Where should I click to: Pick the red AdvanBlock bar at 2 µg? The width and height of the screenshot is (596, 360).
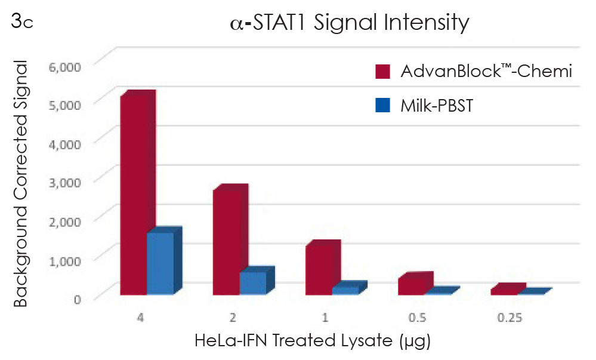pyautogui.click(x=226, y=242)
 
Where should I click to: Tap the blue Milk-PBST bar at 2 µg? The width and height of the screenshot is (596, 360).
pyautogui.click(x=252, y=282)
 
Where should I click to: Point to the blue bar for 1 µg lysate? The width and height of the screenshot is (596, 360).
pyautogui.click(x=345, y=290)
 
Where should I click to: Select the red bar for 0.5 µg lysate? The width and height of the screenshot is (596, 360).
pyautogui.click(x=411, y=285)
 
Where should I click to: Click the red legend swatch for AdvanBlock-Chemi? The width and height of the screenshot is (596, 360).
pyautogui.click(x=382, y=72)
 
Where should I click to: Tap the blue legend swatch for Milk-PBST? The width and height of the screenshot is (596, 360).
pyautogui.click(x=382, y=106)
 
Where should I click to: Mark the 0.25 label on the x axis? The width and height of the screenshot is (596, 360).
pyautogui.click(x=509, y=318)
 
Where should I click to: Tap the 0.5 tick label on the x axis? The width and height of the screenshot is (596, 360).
pyautogui.click(x=416, y=318)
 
